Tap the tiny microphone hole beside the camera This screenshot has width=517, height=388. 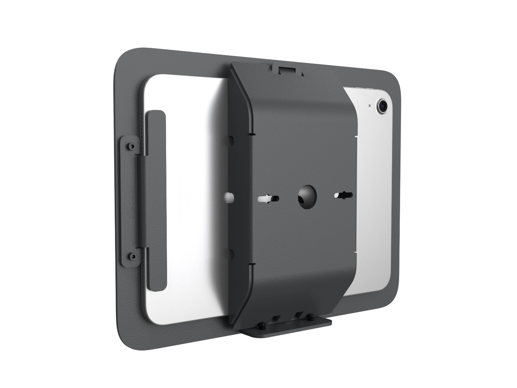pos(369,105)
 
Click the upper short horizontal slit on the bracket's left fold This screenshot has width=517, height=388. pos(250,133)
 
